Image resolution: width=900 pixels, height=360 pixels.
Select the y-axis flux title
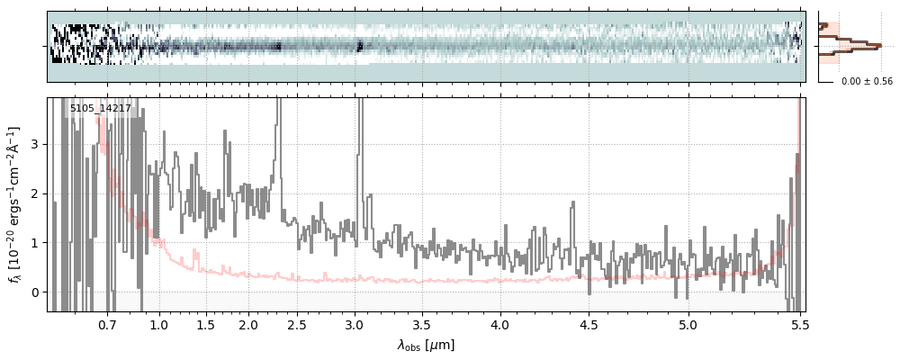pos(13,204)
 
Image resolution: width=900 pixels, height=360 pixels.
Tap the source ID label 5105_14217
pos(101,109)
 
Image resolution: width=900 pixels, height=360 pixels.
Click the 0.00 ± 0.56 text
pos(867,82)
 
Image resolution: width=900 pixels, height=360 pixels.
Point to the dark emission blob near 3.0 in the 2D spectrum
pos(359,45)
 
